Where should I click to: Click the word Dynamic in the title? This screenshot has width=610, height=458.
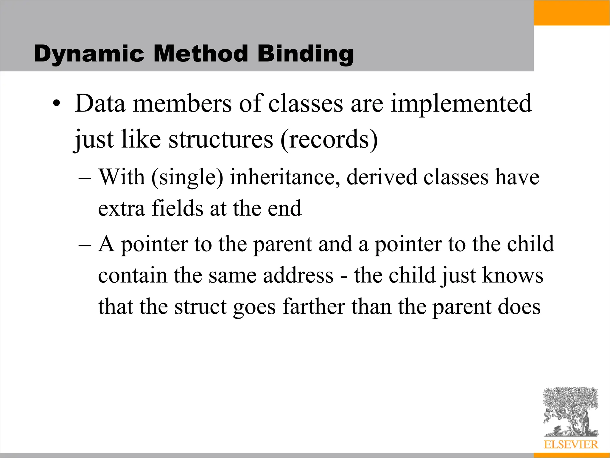point(89,54)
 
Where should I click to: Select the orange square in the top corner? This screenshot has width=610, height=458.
point(572,13)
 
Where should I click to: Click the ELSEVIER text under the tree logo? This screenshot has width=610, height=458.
point(571,444)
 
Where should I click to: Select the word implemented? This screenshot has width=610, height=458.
point(461,103)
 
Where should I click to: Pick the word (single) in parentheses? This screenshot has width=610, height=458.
point(187,177)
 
